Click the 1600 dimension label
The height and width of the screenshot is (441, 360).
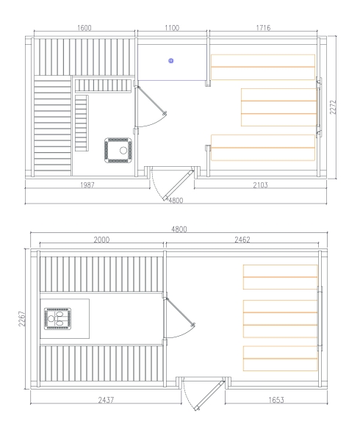tap(84, 28)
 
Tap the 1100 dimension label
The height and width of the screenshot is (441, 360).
tap(172, 28)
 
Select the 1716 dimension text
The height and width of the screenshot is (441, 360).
tap(263, 28)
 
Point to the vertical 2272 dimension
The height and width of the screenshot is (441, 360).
tap(333, 107)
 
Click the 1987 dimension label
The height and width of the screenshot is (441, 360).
tap(87, 185)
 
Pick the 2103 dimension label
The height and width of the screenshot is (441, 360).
tap(261, 185)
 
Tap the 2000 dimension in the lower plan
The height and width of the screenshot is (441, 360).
tap(101, 240)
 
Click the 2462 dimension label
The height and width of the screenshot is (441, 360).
tap(242, 240)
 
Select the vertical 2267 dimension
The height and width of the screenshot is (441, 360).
tap(22, 318)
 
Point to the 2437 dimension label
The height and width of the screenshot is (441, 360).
tap(106, 400)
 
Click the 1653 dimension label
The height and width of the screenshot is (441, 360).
tap(276, 400)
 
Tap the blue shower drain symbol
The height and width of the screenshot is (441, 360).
tap(171, 60)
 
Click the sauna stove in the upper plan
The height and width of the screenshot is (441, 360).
tap(118, 150)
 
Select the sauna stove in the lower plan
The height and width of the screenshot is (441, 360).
tap(57, 318)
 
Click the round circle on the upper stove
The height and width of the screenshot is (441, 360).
tap(123, 151)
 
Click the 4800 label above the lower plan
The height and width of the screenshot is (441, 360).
tap(179, 229)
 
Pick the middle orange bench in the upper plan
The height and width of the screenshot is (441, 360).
tap(279, 107)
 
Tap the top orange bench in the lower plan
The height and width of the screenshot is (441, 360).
tap(280, 277)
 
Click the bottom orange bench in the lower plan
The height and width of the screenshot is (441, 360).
tap(280, 359)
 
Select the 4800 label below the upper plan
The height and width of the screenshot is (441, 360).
tap(176, 200)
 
